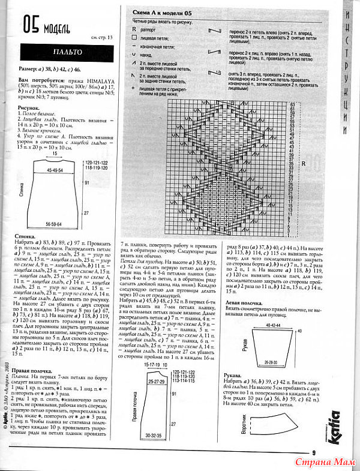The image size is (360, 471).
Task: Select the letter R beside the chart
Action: pyautogui.click(x=304, y=163)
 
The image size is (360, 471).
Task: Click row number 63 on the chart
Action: pyautogui.click(x=292, y=104)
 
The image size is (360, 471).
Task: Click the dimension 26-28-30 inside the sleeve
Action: pyautogui.click(x=266, y=363)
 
